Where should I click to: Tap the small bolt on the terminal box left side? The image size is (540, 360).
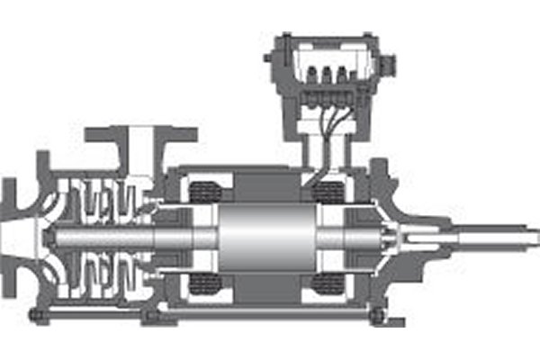268,59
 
